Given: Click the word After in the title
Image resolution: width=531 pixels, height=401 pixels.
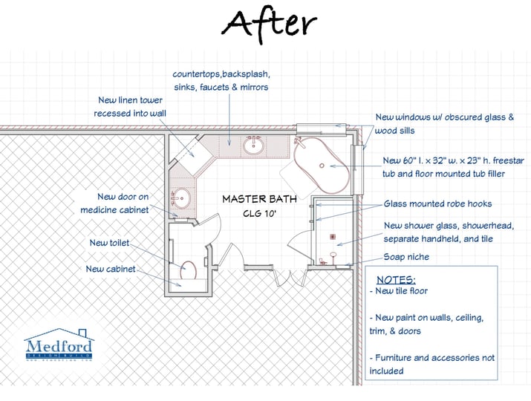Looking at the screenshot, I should tap(270, 25).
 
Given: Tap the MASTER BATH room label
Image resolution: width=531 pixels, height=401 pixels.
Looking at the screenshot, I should tap(259, 199).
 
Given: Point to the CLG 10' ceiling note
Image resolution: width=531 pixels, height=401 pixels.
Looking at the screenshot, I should tap(259, 214).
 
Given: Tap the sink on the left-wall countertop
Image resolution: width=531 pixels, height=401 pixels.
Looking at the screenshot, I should tap(180, 198).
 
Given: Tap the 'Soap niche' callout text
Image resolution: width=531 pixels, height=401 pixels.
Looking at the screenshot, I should tap(405, 257).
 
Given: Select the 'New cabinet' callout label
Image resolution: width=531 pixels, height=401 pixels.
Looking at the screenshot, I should tap(111, 269).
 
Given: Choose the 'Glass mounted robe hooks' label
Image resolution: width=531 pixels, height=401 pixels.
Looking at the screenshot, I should tap(437, 204).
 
